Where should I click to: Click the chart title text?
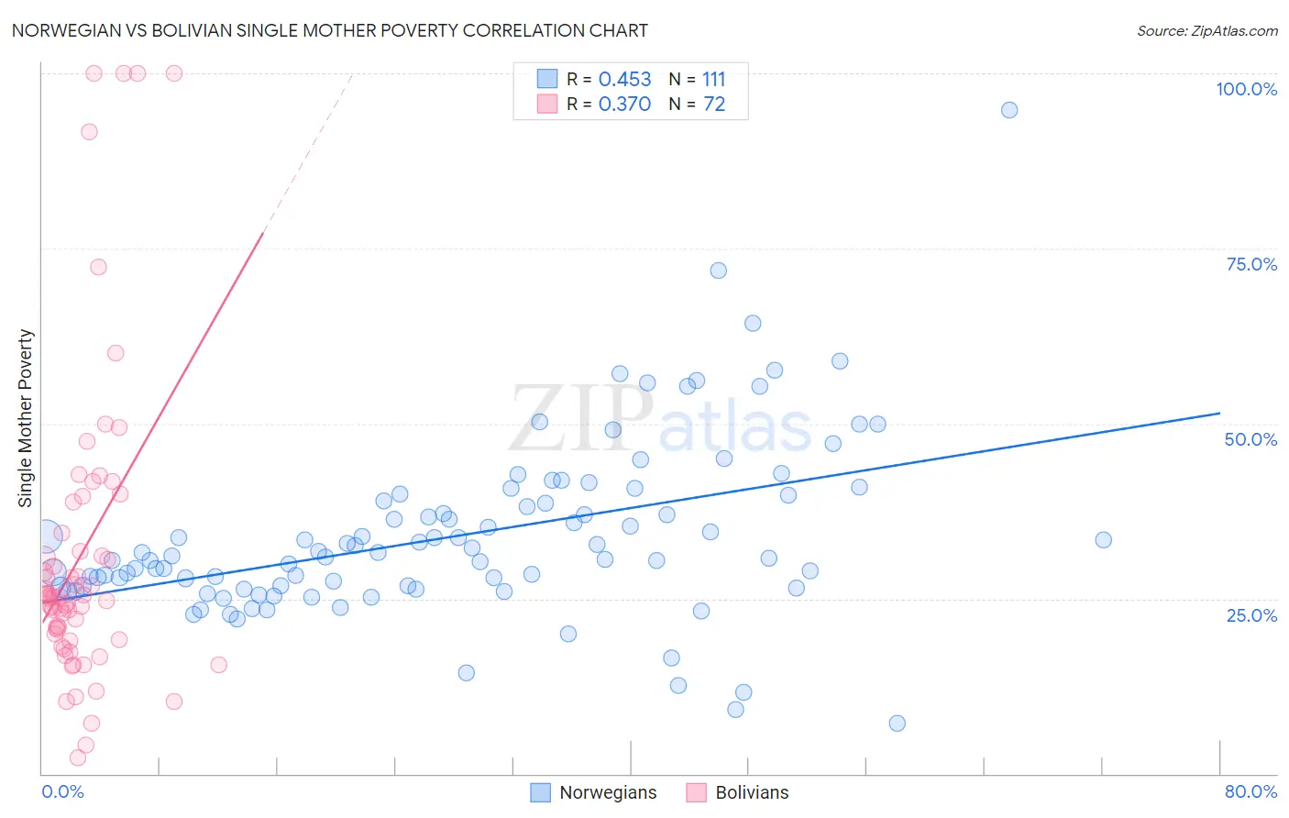coord(330,30)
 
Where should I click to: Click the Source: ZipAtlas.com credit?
coord(1206,30)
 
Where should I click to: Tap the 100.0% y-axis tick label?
coord(1246,89)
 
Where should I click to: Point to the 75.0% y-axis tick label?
coord(1251,264)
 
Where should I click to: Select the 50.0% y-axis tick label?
coord(1250,439)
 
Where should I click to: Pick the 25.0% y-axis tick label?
coord(1251,615)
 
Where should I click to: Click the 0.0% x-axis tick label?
coord(62,791)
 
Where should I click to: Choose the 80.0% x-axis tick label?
coord(1250,791)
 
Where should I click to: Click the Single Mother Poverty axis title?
coord(26,418)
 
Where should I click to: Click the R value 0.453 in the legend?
coord(624,80)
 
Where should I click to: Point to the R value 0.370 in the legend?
coord(624,105)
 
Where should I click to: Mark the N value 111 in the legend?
coord(713,80)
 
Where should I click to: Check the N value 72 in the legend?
coord(714,105)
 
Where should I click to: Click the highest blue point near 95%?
coord(1009,110)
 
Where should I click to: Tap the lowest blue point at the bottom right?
coord(898,724)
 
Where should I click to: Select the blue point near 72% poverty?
coord(719,271)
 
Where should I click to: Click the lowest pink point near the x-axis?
coord(78,757)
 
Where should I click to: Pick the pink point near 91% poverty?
coord(89,132)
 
